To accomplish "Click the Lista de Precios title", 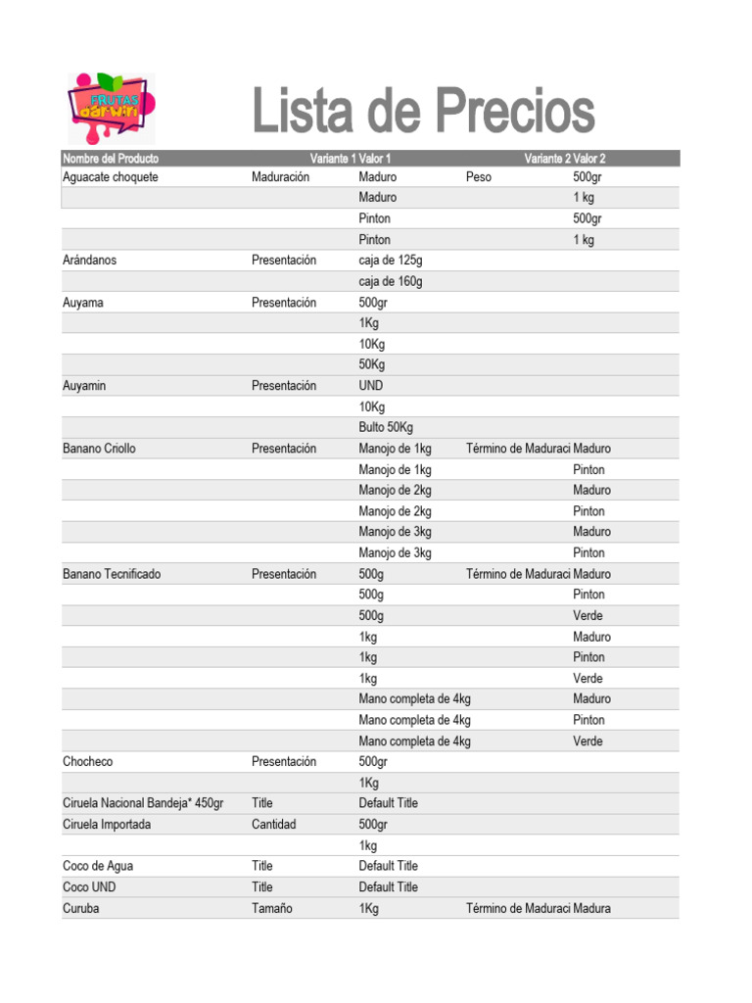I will coord(423,111).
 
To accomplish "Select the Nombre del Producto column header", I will coord(111,159).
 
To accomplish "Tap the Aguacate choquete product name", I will coord(111,177).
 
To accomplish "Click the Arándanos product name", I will coord(89,261).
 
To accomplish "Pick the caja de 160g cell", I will coord(391,281).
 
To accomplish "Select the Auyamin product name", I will coord(85,386).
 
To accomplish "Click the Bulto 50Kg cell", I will coord(386,427).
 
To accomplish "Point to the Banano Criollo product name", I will coord(100,449).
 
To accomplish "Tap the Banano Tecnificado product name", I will coord(112,574).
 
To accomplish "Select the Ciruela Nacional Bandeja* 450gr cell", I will coord(143,803).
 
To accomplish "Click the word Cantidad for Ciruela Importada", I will coord(273,825).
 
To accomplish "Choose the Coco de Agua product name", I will coord(99,866).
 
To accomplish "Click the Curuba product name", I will coord(81,908).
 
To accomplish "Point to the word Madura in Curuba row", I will coord(591,908).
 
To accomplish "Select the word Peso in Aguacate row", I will coord(479,177).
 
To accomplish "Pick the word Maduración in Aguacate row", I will coord(280,177).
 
